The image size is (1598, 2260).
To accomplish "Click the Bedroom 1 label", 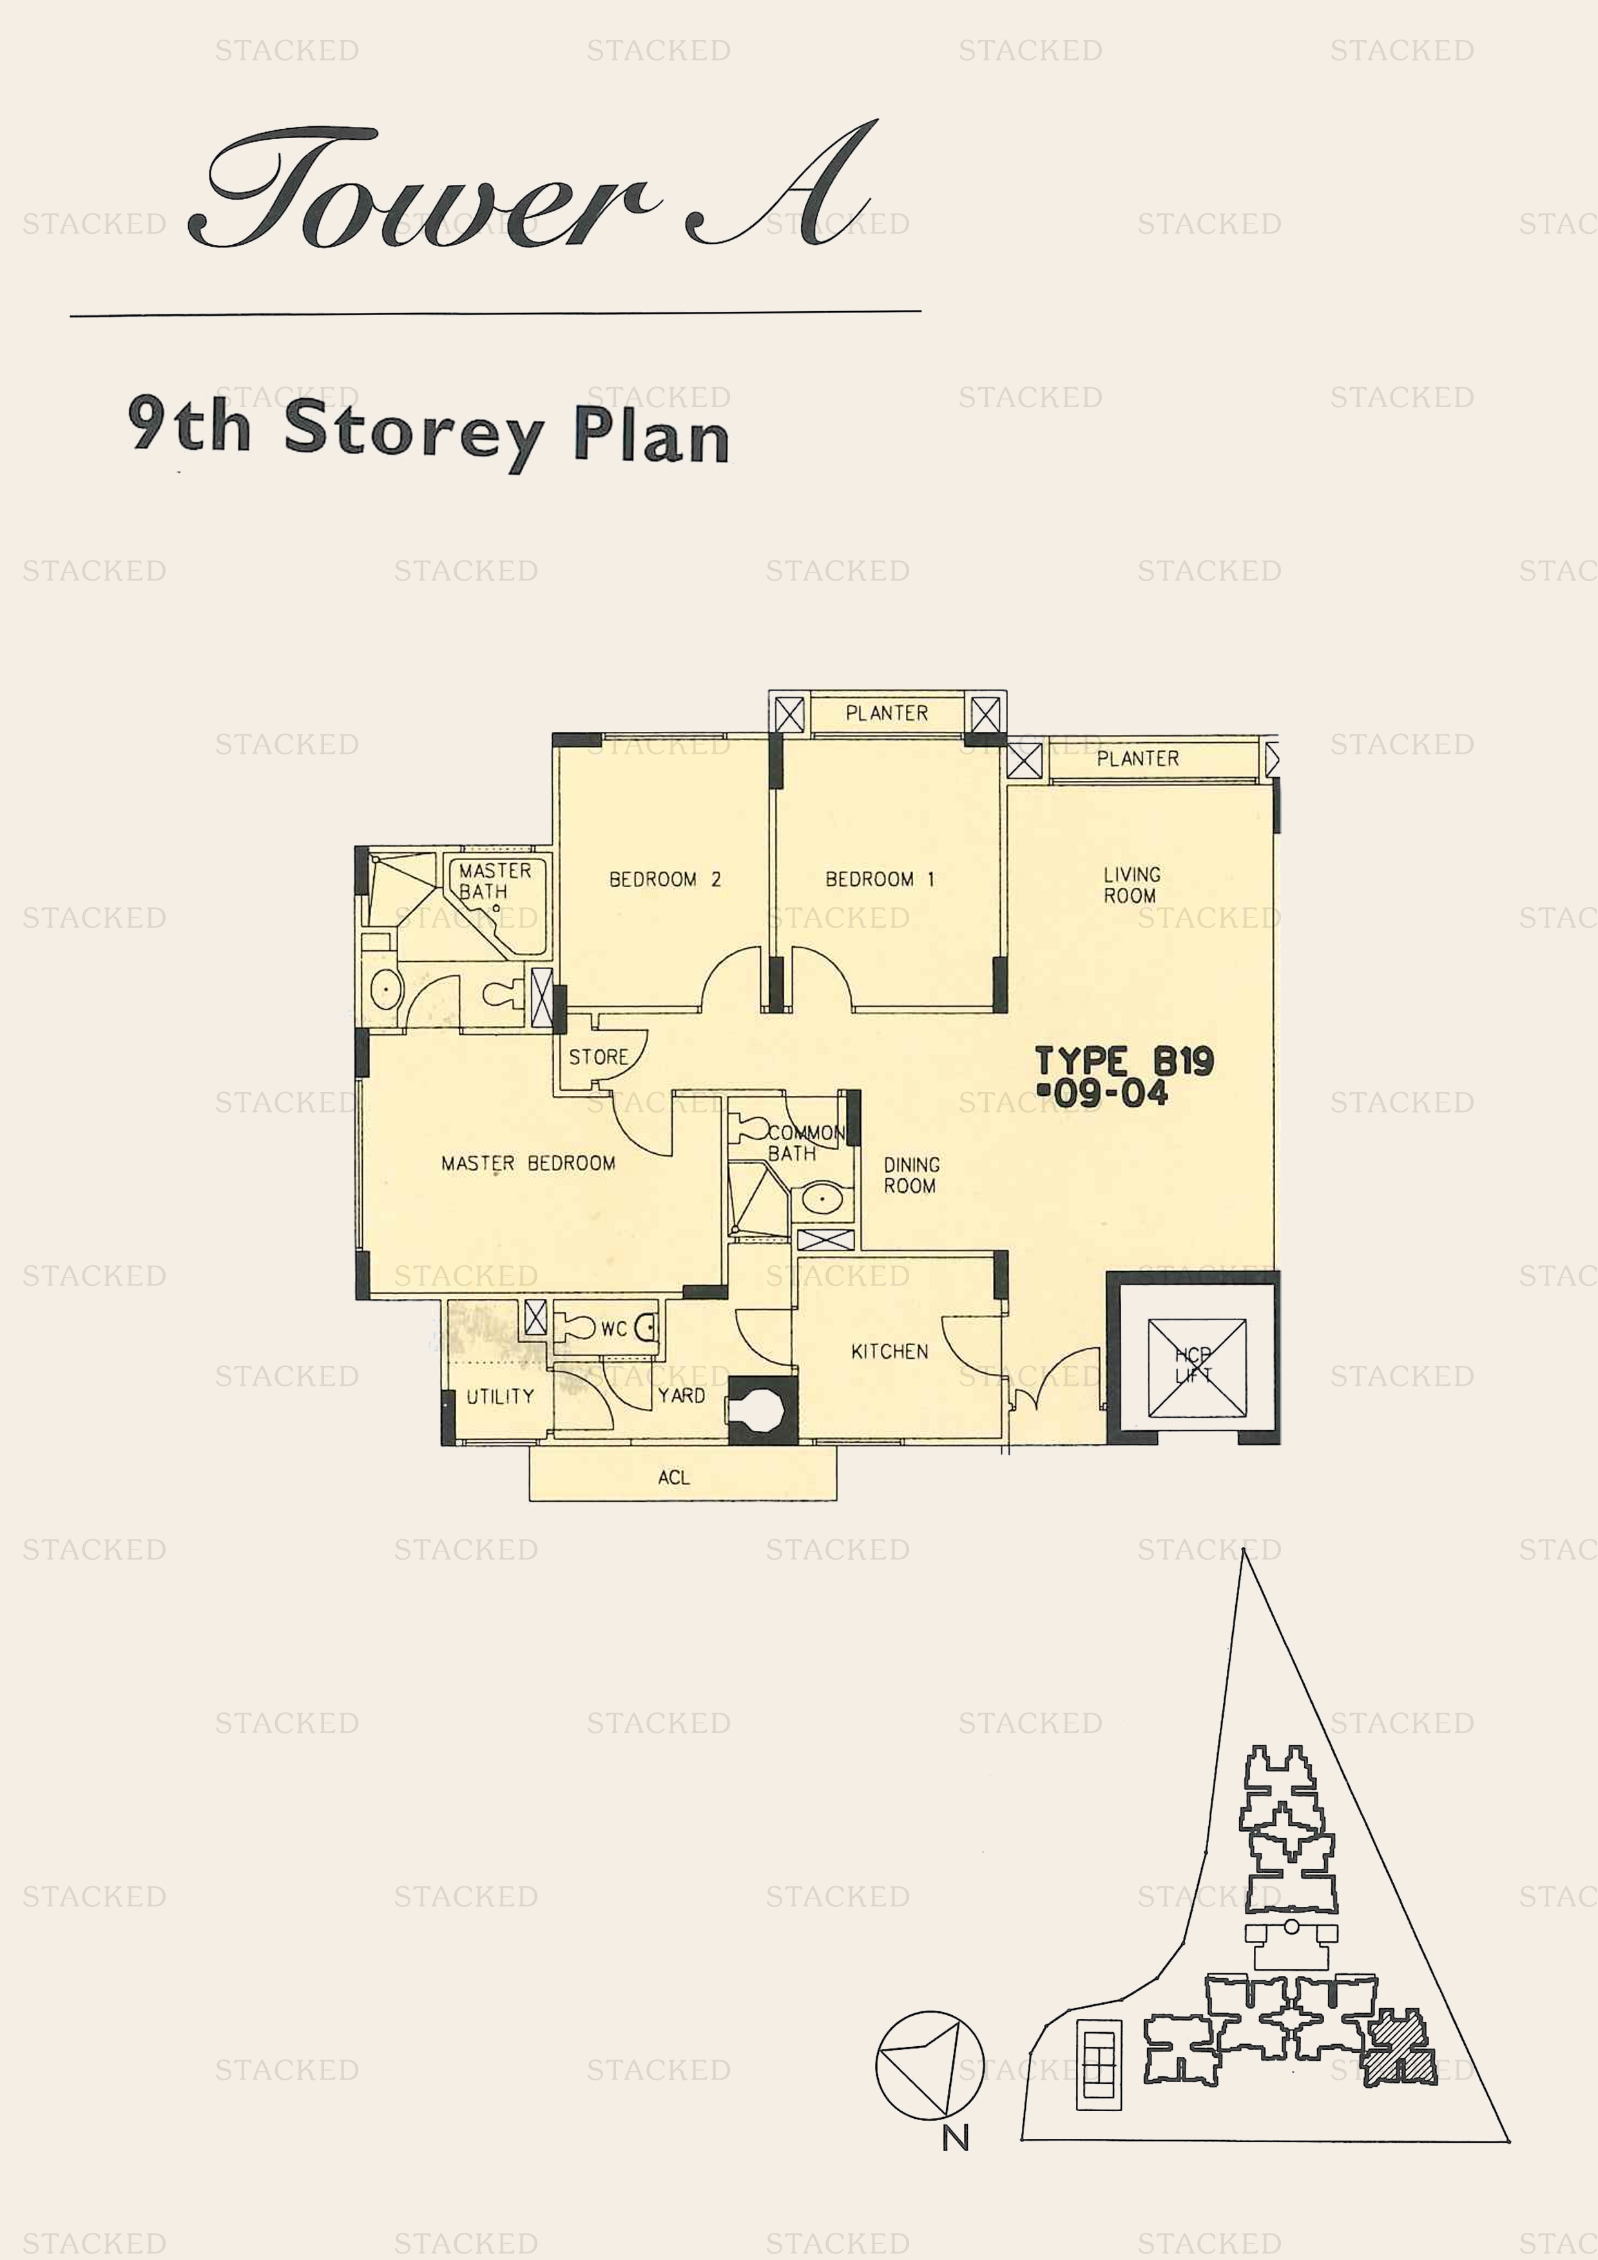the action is (880, 878).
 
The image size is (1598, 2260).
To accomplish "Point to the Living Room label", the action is (1131, 884).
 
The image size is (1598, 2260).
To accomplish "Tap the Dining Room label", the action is (910, 1174).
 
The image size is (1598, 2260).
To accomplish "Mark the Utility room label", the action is (500, 1396).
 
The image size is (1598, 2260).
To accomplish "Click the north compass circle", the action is (929, 2065).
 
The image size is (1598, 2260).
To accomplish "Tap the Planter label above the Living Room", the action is (1137, 757).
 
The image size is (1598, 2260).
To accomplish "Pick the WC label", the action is (613, 1329).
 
